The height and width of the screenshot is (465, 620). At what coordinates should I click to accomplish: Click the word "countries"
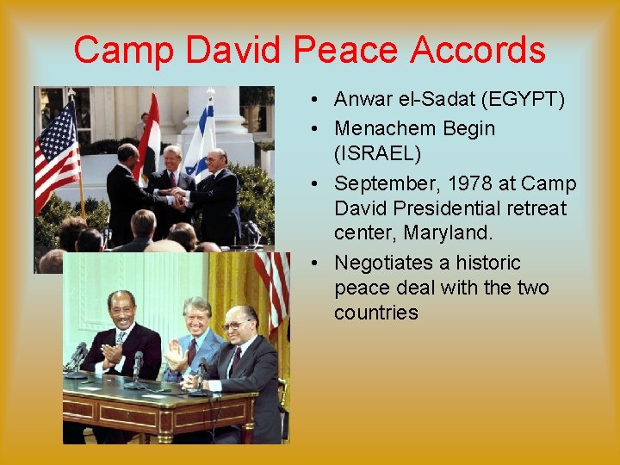(x=375, y=313)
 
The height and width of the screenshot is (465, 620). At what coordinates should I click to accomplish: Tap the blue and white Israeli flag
(x=201, y=138)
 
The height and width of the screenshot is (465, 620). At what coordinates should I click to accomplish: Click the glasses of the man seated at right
(x=236, y=324)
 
